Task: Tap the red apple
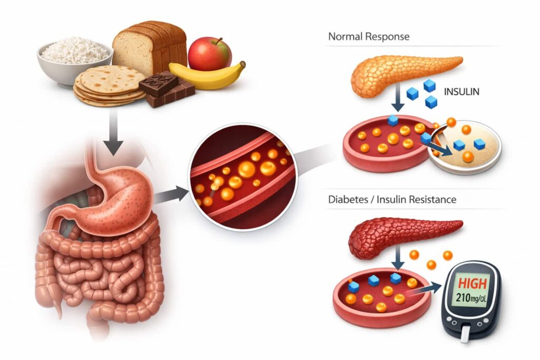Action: tap(209, 53)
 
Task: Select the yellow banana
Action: tap(208, 76)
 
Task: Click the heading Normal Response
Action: tap(369, 37)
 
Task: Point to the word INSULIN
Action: tap(461, 92)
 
